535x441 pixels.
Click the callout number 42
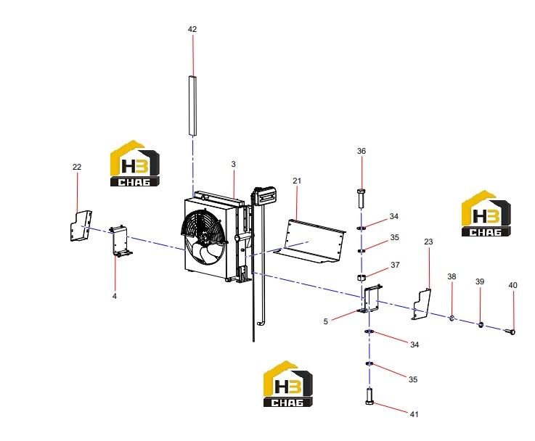[x=192, y=29]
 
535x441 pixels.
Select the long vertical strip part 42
[x=192, y=106]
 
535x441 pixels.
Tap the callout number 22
[x=77, y=167]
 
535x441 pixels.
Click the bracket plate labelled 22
[x=81, y=226]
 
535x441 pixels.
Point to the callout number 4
[x=115, y=296]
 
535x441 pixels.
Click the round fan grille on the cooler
[x=203, y=237]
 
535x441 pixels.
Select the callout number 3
[x=233, y=164]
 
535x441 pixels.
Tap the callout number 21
[x=297, y=181]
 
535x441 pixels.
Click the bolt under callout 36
[x=362, y=198]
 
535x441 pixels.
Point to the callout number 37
[x=395, y=265]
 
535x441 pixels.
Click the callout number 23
[x=428, y=242]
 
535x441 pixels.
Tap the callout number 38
[x=452, y=277]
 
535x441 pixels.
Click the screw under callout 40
[x=510, y=331]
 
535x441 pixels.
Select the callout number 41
[x=414, y=414]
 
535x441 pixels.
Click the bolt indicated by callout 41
[x=369, y=396]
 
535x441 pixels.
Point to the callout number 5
[x=325, y=322]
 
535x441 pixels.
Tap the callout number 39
[x=480, y=282]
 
